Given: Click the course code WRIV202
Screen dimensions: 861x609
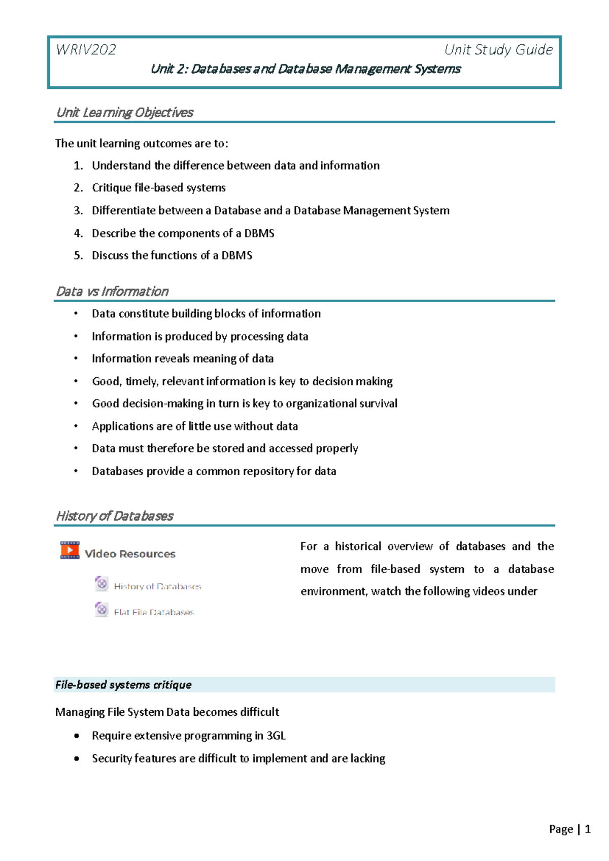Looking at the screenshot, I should coord(86,50).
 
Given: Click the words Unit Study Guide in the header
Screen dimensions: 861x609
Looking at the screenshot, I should coord(498,50).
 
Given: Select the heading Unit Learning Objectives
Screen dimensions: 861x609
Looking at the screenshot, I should coord(125,113).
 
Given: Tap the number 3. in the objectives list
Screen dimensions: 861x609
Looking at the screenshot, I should coord(78,211).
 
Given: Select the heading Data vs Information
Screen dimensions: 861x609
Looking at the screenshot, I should coord(112,291).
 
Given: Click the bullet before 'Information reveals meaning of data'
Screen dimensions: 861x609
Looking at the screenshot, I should coord(76,358).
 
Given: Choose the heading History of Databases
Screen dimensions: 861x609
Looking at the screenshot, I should coord(115,516).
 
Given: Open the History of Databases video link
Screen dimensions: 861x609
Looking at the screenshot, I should coord(157,586).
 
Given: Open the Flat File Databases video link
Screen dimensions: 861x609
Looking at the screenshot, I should coord(154,612).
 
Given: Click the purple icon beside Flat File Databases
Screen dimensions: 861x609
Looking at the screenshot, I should coord(101,609).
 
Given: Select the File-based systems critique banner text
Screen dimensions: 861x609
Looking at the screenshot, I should coord(123,685).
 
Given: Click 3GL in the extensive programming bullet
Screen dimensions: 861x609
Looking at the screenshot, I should coord(276,736).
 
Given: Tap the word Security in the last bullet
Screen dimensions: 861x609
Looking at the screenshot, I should coord(112,758).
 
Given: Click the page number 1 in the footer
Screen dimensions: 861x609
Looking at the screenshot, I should coord(588,829).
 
